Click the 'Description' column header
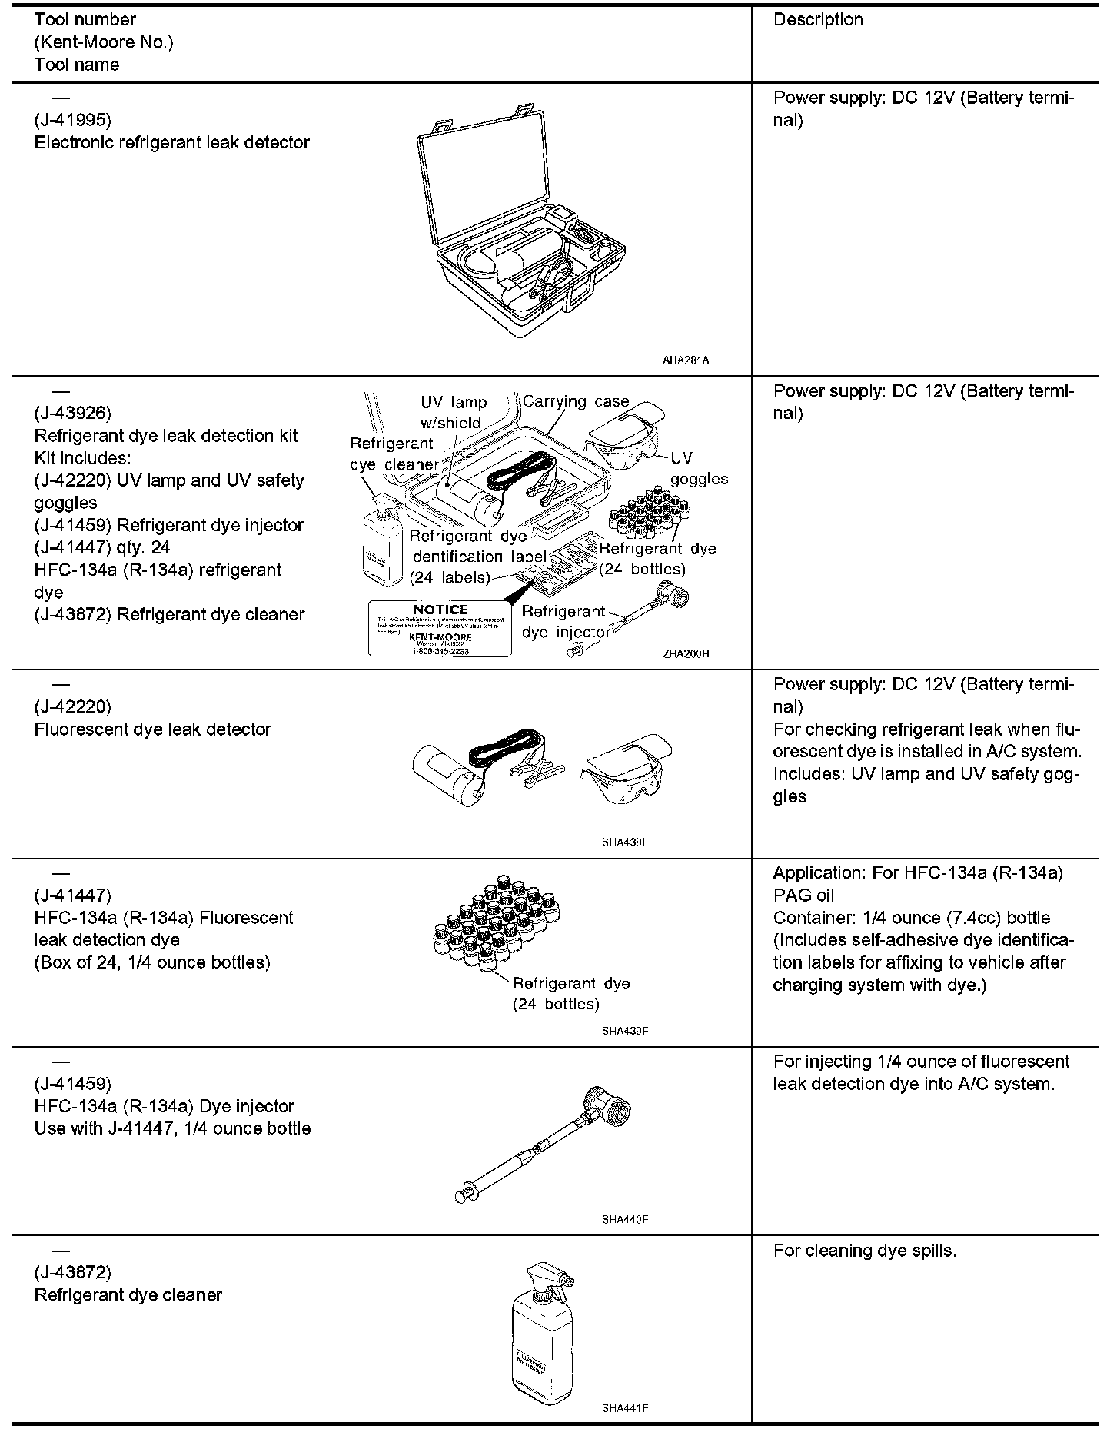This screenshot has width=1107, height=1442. [818, 20]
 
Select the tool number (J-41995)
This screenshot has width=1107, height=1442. [73, 120]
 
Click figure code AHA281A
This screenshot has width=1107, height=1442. [686, 359]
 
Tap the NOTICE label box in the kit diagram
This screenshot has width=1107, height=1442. [440, 629]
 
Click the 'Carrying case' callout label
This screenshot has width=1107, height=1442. [576, 401]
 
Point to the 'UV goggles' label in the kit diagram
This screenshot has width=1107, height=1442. [696, 468]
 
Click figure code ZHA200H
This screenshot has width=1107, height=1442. [686, 653]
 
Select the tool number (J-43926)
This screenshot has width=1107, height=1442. [73, 414]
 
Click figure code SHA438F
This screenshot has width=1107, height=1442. [625, 842]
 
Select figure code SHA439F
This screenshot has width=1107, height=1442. [625, 1030]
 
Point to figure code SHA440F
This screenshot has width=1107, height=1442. [625, 1219]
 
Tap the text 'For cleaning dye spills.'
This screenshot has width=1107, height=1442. [865, 1251]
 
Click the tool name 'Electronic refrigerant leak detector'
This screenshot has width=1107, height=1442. [172, 143]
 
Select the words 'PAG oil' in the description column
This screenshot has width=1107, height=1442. [803, 895]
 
